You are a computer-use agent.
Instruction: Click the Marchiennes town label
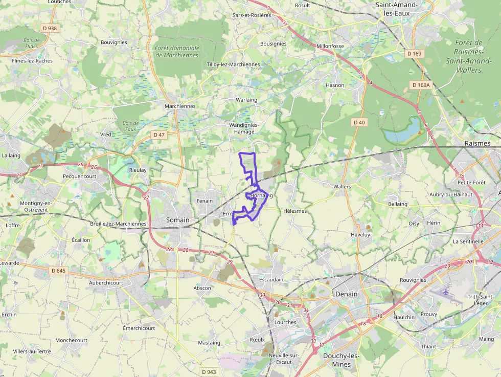(180, 106)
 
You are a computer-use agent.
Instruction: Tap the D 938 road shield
(50, 29)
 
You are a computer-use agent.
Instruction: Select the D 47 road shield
(159, 135)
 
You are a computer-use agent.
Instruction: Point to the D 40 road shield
(359, 122)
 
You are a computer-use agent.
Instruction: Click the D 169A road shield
(421, 85)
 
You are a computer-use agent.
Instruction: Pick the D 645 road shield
(59, 270)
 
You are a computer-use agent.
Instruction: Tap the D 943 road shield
(208, 372)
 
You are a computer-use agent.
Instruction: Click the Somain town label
(177, 220)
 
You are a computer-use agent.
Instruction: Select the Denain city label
(346, 294)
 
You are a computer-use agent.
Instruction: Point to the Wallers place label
(342, 187)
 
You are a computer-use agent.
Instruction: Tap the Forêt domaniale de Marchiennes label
(176, 52)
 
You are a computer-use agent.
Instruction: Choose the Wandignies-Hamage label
(244, 128)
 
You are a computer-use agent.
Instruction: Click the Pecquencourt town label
(79, 176)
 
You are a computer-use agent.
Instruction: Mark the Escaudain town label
(270, 280)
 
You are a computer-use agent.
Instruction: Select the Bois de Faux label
(131, 126)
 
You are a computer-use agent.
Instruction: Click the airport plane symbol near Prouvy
(446, 292)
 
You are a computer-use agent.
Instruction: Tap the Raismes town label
(477, 144)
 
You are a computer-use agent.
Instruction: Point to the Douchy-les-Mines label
(341, 360)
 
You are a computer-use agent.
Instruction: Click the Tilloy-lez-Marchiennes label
(233, 64)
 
